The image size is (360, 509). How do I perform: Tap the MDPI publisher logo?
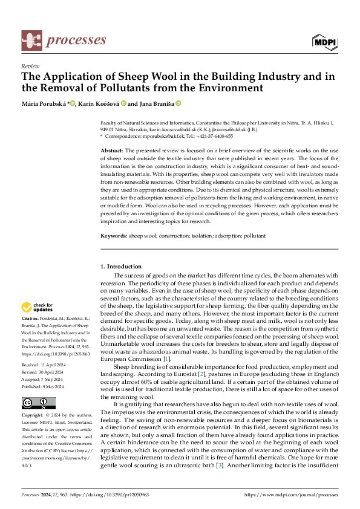tap(324, 41)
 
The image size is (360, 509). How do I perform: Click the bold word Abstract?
tap(111, 150)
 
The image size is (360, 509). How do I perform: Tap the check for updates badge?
tap(37, 307)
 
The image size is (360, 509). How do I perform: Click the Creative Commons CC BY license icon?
tap(38, 386)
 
